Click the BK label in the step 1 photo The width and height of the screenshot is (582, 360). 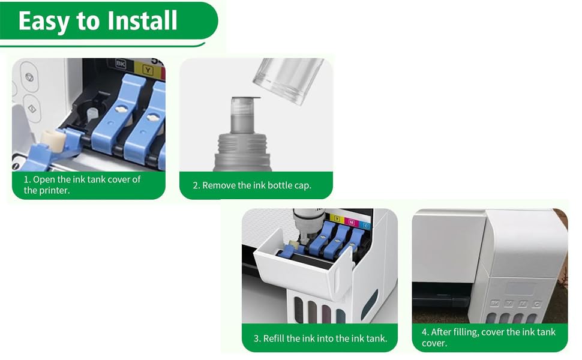click(120, 63)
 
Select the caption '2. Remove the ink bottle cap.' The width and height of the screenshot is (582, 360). click(252, 185)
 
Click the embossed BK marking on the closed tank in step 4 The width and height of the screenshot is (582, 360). click(494, 304)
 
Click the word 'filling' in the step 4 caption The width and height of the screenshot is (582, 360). click(472, 332)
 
